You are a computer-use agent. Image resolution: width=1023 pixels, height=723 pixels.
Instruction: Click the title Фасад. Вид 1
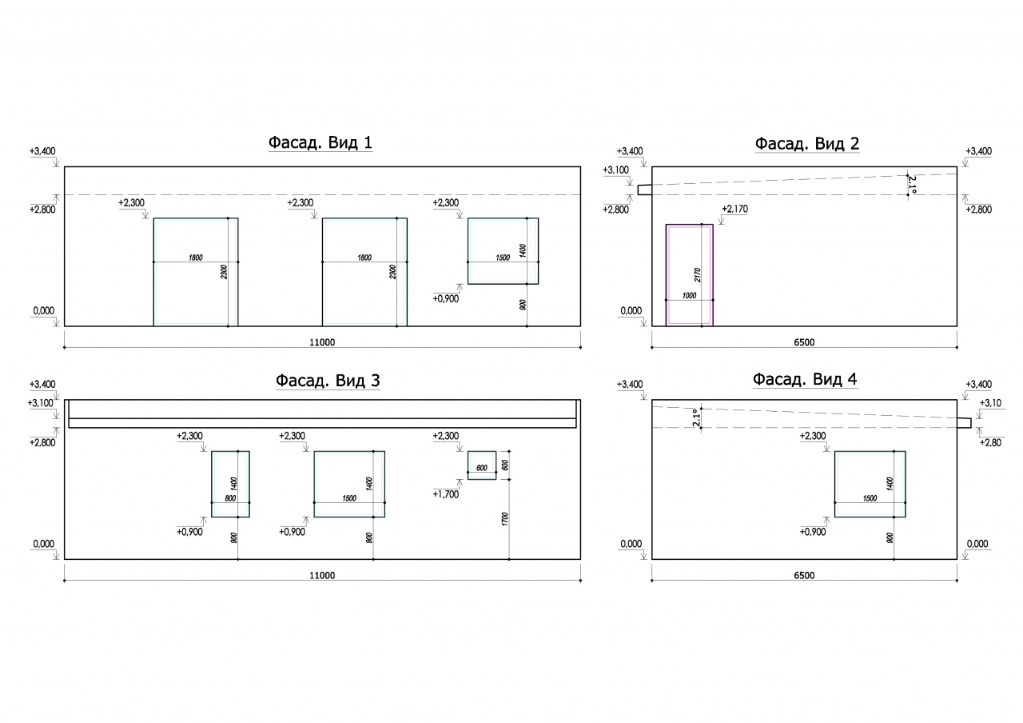320,142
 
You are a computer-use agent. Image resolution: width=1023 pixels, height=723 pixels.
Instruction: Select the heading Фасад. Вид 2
807,143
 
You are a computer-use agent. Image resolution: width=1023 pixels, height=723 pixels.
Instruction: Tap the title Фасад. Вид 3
328,380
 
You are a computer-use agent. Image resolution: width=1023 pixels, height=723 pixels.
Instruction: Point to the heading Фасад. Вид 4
805,379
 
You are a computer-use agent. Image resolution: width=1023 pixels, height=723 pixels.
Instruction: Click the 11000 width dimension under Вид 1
322,342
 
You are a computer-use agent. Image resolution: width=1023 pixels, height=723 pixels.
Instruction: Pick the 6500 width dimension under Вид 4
804,575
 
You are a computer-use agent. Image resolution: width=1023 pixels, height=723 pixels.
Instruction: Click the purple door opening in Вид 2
667,274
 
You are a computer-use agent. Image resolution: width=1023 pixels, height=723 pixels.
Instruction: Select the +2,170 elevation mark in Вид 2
734,209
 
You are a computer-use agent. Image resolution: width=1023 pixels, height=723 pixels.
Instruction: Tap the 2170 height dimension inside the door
697,274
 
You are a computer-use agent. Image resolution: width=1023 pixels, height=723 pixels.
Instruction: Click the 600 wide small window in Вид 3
481,465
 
